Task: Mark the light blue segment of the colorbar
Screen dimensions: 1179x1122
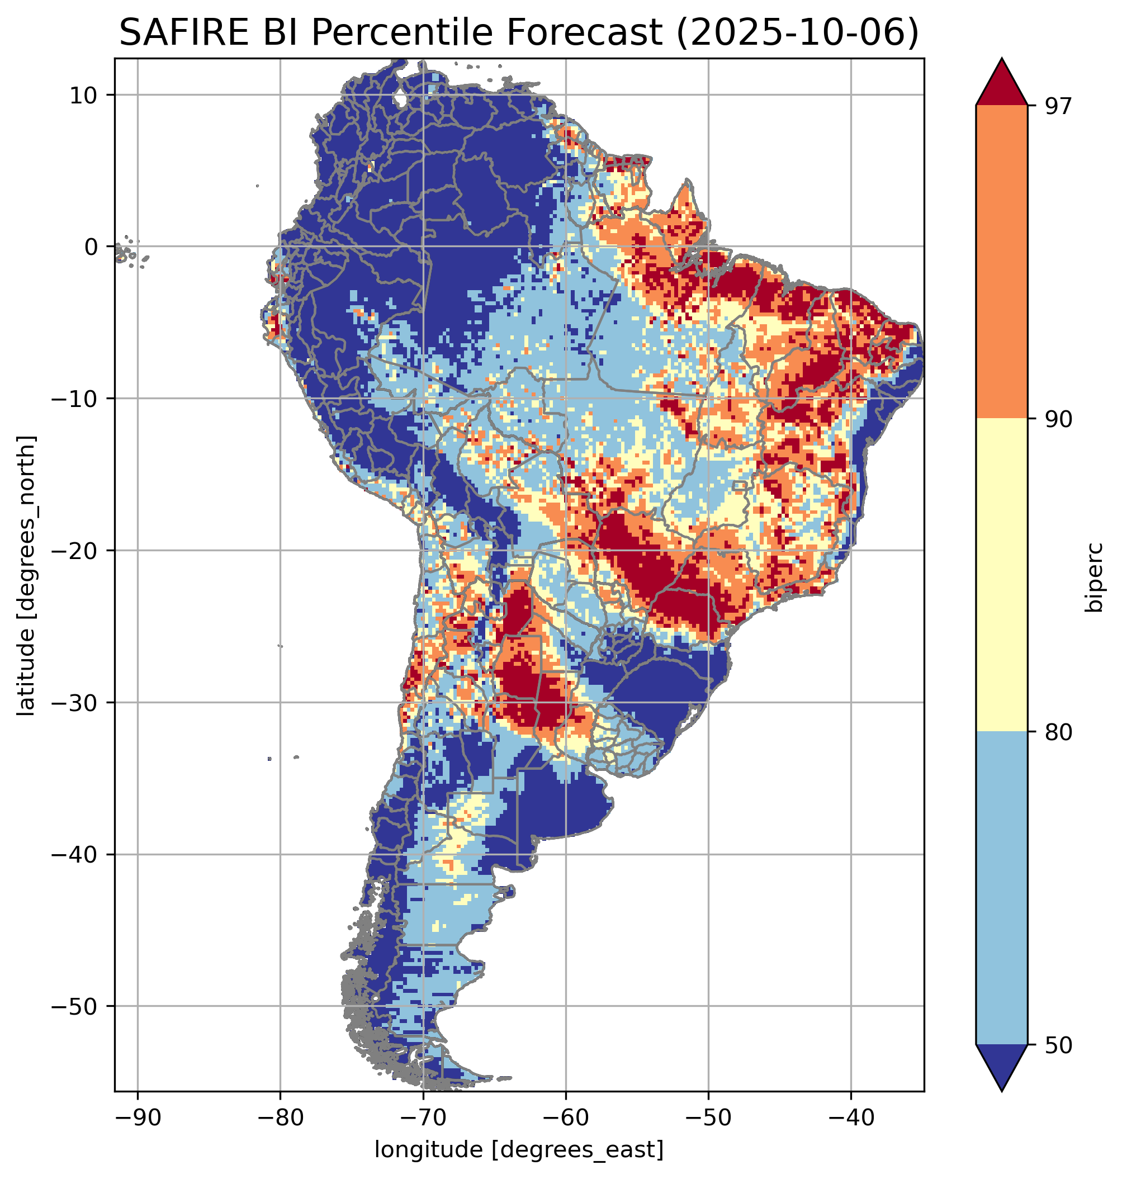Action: point(1001,888)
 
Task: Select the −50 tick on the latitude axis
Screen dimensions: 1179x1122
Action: point(75,1007)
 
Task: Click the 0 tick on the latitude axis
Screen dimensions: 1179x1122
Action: point(92,247)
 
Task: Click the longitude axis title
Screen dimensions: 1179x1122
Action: point(519,1148)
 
